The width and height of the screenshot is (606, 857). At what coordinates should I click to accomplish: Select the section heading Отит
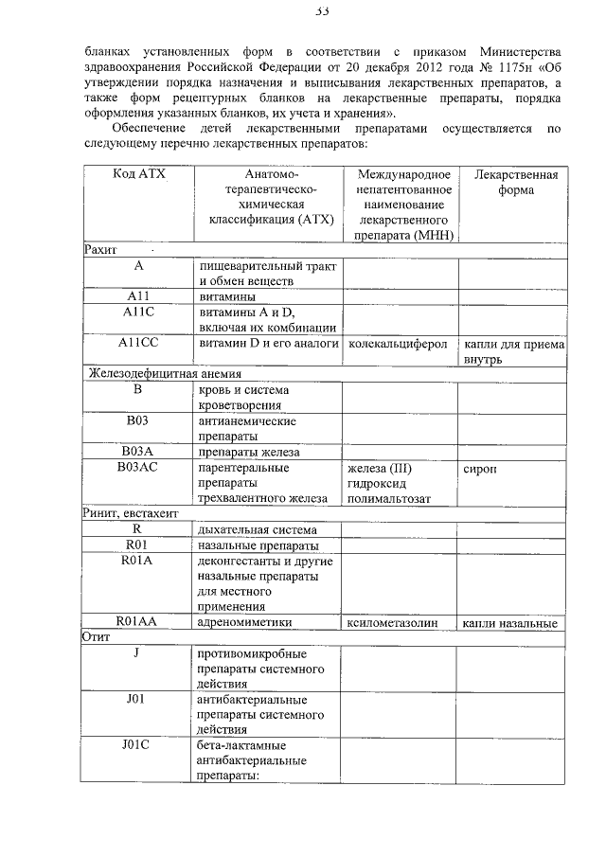[x=96, y=637]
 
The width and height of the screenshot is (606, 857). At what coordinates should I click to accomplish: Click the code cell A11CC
[x=137, y=343]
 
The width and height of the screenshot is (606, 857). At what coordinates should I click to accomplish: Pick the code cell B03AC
[x=137, y=467]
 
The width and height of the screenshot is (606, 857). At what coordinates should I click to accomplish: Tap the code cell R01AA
[x=137, y=621]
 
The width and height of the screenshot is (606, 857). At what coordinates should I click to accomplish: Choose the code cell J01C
[x=137, y=744]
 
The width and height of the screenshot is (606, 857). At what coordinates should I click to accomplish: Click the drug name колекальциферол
[x=398, y=344]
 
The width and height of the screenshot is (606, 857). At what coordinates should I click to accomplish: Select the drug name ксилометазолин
[x=399, y=622]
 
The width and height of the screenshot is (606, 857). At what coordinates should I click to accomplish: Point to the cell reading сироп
[x=480, y=468]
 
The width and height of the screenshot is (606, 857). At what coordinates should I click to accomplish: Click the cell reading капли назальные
[x=511, y=622]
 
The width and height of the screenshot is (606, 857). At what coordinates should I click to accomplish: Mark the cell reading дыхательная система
[x=258, y=528]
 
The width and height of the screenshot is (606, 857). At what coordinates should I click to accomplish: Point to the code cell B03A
[x=137, y=452]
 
